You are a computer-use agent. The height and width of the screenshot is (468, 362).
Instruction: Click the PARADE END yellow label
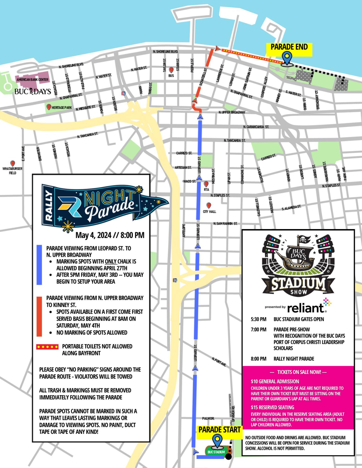[289, 47]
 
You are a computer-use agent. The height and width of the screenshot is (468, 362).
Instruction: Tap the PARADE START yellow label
[219, 430]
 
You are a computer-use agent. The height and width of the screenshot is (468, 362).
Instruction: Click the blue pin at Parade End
[286, 58]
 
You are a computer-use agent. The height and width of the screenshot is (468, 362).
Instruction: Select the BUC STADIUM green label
[216, 452]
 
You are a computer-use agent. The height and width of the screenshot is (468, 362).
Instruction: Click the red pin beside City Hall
[209, 205]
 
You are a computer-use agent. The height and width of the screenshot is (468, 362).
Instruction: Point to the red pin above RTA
[206, 184]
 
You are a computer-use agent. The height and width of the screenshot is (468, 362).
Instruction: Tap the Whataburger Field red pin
[12, 163]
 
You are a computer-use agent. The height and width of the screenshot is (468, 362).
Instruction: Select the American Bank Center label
[32, 80]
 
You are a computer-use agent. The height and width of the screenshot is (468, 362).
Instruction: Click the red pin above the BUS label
[171, 70]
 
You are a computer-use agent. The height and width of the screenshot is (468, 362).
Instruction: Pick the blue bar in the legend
[39, 265]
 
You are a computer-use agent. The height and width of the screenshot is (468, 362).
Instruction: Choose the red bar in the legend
[39, 316]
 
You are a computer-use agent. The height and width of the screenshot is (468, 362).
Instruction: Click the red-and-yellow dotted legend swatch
[48, 347]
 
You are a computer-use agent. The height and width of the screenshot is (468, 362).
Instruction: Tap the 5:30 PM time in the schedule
[258, 319]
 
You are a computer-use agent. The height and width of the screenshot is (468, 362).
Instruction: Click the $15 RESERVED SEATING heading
[272, 407]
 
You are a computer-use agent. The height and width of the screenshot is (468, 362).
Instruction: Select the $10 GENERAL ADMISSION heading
[275, 381]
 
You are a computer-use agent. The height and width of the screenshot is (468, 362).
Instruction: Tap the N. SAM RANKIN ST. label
[225, 224]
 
